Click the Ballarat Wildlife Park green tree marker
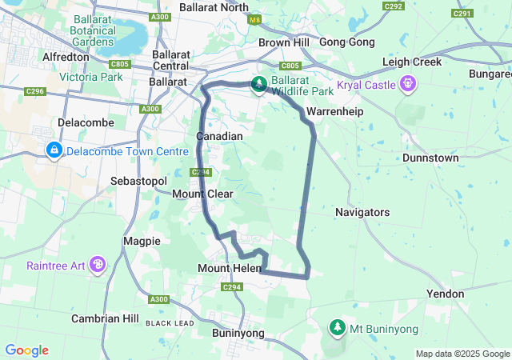coord(259,83)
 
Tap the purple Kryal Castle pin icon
coord(409,83)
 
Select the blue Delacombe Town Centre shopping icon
coord(54,150)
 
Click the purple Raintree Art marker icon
coord(98,264)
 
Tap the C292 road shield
coord(393,6)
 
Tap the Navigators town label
coord(362,212)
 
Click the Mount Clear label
coord(202,194)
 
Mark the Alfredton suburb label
coord(66,57)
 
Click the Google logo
coord(26,350)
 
